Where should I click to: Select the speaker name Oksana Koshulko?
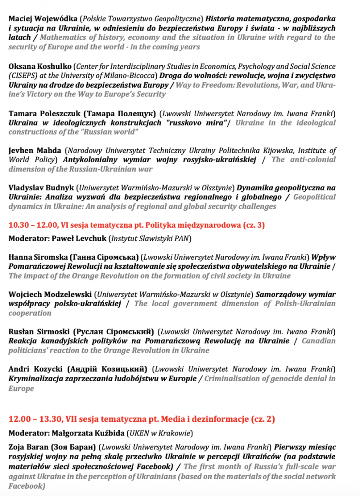(x=38, y=66)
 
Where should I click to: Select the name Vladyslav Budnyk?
(x=40, y=187)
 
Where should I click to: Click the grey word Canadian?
(x=318, y=341)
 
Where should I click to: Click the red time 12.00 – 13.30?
(x=34, y=419)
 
